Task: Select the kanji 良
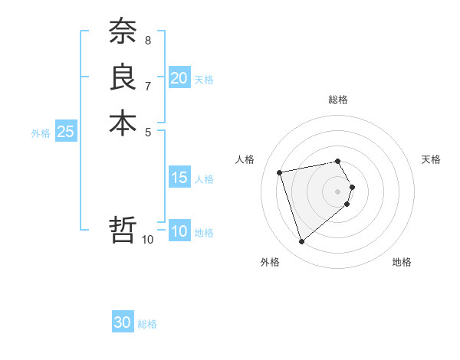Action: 123,77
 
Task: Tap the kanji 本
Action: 123,123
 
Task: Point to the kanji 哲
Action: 123,229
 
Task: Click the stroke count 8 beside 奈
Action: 147,39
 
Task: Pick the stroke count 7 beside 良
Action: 147,85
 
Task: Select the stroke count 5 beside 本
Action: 147,131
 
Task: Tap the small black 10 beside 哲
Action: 148,240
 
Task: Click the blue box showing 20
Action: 179,78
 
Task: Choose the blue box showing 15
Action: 179,178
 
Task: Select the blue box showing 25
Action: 66,132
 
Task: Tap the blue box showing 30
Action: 123,322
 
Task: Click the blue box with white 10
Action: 179,232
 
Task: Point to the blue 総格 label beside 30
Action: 147,324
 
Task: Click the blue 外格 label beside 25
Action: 41,133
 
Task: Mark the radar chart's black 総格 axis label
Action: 338,100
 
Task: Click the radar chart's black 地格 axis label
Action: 402,262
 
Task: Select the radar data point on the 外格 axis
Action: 301,242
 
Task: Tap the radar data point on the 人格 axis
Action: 280,172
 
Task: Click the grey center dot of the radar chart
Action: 338,190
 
